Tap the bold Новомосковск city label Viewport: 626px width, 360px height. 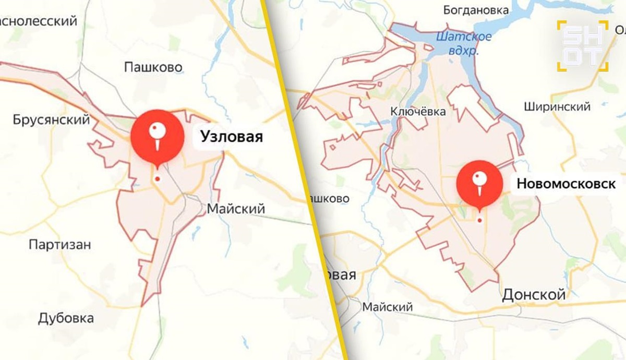pyautogui.click(x=566, y=184)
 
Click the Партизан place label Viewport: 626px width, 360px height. pyautogui.click(x=60, y=244)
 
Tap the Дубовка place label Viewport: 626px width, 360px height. pyautogui.click(x=66, y=318)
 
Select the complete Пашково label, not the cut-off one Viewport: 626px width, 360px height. pyautogui.click(x=153, y=67)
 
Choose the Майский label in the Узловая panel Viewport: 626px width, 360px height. pyautogui.click(x=236, y=209)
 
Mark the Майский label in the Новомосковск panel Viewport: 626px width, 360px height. pyautogui.click(x=388, y=307)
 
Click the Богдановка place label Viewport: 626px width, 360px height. pyautogui.click(x=475, y=10)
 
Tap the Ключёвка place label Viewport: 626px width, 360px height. pyautogui.click(x=419, y=112)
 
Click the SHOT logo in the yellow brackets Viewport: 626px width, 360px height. pyautogui.click(x=582, y=46)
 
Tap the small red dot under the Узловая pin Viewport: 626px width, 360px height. pyautogui.click(x=157, y=179)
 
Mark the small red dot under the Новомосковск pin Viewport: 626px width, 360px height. pyautogui.click(x=479, y=220)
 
